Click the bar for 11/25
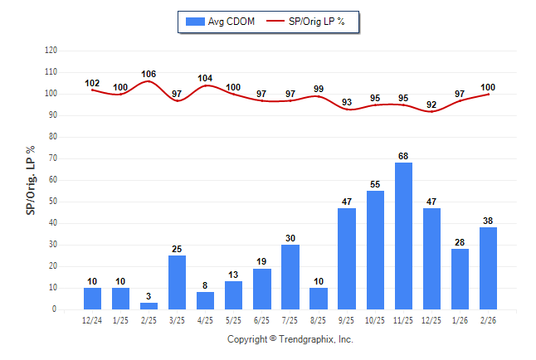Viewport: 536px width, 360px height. pos(403,236)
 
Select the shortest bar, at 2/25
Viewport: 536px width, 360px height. pos(149,305)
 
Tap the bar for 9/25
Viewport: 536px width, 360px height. pos(347,258)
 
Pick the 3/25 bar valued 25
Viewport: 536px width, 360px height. pos(178,282)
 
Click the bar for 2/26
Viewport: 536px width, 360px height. pos(488,268)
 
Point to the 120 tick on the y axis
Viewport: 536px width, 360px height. pos(51,51)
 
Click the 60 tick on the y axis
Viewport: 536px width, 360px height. pos(53,180)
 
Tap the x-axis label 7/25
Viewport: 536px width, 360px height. pos(290,321)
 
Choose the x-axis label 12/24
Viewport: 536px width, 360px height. pos(92,321)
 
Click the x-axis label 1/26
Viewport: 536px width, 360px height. pos(460,321)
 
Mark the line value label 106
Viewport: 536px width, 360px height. pos(149,74)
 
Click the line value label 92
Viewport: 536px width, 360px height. pos(431,105)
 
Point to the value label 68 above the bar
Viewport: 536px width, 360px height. pos(403,156)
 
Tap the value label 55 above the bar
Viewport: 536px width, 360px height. pos(375,184)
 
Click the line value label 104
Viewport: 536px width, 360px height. pos(206,78)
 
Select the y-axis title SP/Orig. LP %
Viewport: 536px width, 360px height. pos(31,180)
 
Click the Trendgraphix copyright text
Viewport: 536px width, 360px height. pos(290,339)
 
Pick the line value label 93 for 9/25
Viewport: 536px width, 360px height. pos(347,102)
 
